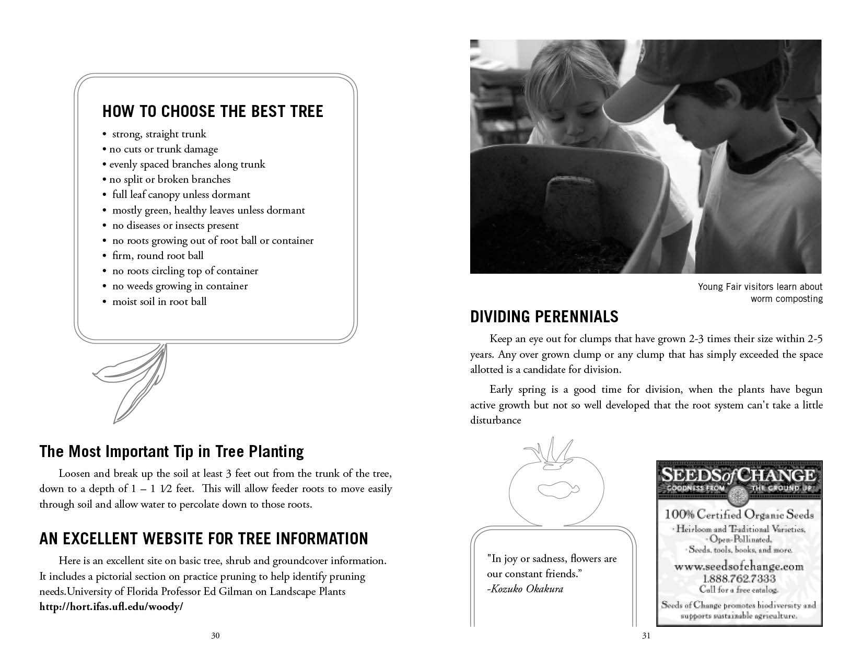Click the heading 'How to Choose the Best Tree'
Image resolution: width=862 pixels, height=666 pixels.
tap(213, 111)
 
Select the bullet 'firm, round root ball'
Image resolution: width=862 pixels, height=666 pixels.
tap(158, 256)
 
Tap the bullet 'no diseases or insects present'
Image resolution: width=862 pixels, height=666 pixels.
tap(175, 226)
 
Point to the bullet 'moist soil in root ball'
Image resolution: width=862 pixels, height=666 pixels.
tap(159, 301)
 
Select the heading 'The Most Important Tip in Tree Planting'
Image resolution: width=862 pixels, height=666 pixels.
tap(171, 451)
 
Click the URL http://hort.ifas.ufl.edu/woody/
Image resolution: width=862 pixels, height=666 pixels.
tap(111, 607)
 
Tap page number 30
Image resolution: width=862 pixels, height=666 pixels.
tap(215, 636)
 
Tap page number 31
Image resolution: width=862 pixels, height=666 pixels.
tap(646, 636)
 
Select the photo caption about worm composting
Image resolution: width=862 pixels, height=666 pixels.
tap(760, 293)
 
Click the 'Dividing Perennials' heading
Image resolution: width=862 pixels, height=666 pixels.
tap(544, 317)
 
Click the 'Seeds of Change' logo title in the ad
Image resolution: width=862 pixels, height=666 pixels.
tap(739, 476)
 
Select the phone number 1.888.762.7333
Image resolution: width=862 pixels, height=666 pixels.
tap(739, 579)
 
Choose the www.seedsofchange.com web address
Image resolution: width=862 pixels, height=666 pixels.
tap(739, 567)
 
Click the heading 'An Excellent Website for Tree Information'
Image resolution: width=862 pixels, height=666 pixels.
tap(204, 539)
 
